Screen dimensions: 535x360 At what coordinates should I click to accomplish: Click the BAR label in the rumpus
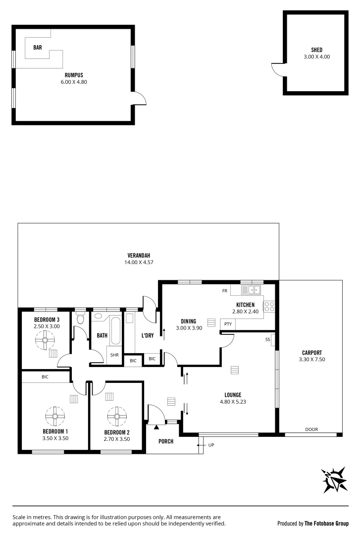point(38,48)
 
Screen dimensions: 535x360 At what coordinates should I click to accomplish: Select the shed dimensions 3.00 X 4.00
point(316,57)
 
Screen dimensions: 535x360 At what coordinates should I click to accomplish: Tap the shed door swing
point(277,70)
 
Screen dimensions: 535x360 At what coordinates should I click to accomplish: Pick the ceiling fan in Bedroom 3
point(46,340)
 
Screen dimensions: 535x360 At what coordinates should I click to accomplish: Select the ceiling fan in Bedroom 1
point(54,416)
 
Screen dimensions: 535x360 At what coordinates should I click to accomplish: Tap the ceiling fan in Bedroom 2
point(117,417)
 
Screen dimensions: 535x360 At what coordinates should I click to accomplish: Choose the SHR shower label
point(114,355)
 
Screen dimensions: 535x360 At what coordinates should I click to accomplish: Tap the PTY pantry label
point(228,324)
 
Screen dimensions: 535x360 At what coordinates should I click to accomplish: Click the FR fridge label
point(224,290)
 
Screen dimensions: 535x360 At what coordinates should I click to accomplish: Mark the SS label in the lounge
point(268,339)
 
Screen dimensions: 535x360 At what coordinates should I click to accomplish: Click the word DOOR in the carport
point(311,429)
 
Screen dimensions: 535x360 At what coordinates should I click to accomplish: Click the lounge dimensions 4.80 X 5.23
point(232,402)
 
